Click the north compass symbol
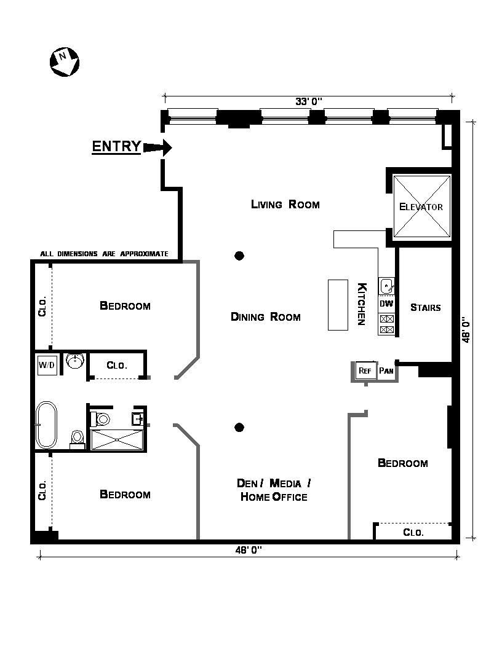pos(63,62)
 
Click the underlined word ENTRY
pos(116,146)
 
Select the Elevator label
pos(421,206)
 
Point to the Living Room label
pos(285,204)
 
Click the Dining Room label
pos(265,316)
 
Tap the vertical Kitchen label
pos(362,304)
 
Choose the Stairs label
pos(425,307)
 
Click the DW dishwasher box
pos(386,304)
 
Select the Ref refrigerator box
pos(364,371)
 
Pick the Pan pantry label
pos(386,371)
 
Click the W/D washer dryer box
pos(47,365)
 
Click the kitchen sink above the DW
pos(386,286)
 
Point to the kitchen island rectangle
pos(338,304)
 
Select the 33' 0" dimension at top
pos(309,101)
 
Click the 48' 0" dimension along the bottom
pos(249,550)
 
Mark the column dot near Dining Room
pos(240,256)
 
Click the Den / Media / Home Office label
pos(273,490)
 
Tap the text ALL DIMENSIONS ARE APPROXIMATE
pos(104,254)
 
